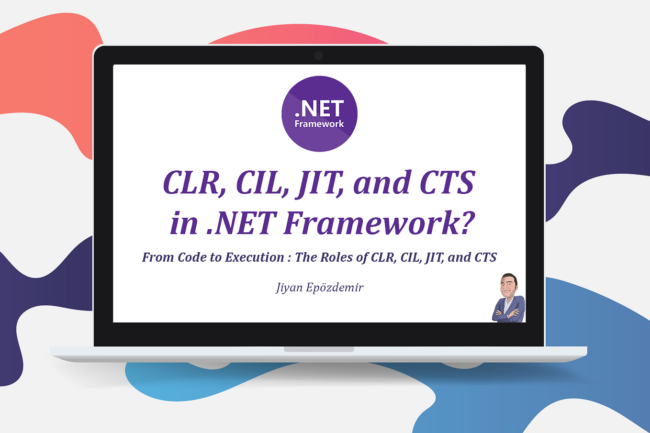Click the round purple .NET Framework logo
319,113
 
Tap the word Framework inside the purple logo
319,124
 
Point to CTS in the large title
448,182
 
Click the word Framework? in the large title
379,223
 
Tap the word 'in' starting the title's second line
184,223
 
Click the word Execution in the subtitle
255,257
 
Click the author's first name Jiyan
290,288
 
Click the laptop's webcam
319,56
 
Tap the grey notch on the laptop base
319,349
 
